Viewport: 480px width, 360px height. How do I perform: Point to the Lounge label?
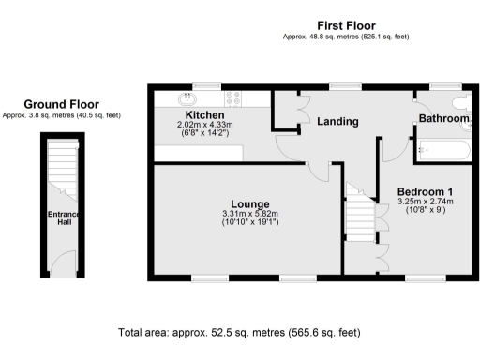(250, 203)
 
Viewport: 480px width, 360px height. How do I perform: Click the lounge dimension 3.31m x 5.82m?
(250, 214)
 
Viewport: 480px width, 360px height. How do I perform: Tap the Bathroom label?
(443, 119)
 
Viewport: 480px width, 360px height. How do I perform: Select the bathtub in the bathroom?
(444, 148)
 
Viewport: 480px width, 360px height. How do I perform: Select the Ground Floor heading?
(62, 104)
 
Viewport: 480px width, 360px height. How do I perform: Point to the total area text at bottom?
(238, 333)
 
